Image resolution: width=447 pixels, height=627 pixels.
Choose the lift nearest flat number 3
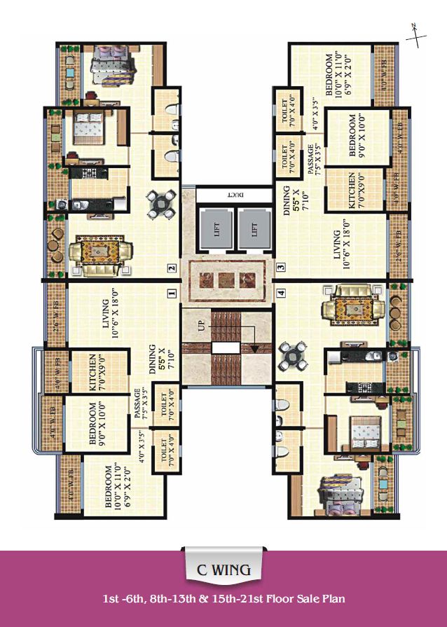254,229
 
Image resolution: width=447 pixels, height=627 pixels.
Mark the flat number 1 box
172,294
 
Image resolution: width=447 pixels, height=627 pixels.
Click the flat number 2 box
172,267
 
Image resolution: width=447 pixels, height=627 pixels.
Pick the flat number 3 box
280,267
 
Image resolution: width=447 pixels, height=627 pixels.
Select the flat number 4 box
280,294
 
